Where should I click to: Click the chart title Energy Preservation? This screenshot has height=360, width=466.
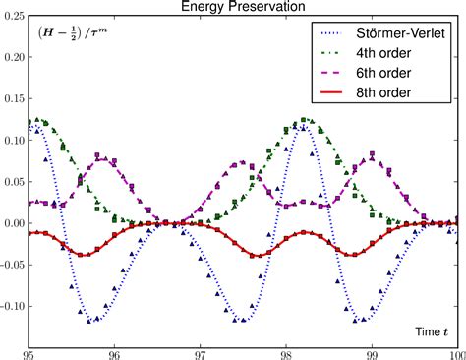(242, 7)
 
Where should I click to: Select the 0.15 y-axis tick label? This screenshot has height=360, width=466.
(13, 99)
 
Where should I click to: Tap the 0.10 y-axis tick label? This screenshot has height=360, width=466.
(13, 141)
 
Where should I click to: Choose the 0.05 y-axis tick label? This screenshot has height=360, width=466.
(13, 182)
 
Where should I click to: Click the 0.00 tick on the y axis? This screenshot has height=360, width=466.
(13, 223)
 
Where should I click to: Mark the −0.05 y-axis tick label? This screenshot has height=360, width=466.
(11, 265)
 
